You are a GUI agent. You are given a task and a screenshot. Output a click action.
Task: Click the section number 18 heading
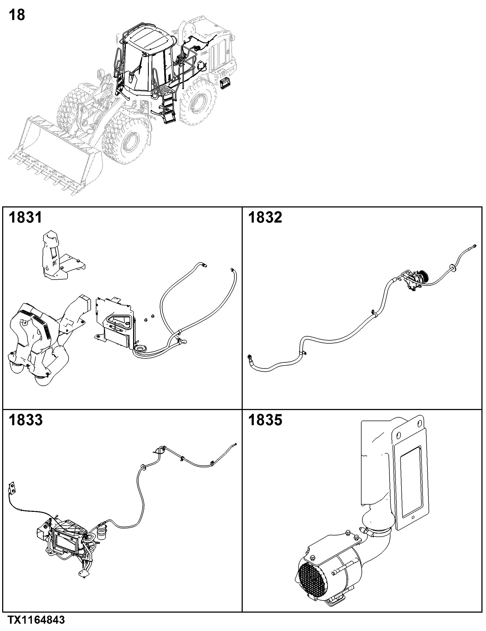click(x=17, y=15)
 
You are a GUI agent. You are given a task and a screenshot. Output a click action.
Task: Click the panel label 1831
click(x=25, y=217)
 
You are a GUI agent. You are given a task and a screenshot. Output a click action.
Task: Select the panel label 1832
click(x=265, y=217)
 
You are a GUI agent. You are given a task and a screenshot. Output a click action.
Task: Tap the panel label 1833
click(x=25, y=420)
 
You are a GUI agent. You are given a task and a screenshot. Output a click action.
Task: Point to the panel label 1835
click(x=265, y=420)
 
